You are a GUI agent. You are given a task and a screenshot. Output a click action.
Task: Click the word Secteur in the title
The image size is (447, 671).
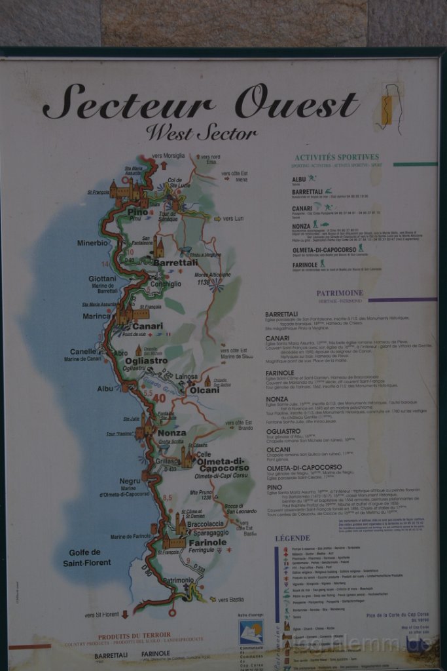point(130,104)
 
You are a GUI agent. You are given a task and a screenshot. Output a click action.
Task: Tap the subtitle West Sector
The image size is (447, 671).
point(201,132)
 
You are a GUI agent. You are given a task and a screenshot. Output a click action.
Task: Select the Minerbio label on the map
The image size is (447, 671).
point(92,242)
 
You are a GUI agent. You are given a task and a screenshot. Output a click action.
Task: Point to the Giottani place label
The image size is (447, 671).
point(103,278)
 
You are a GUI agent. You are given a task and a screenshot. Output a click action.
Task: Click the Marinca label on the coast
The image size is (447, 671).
point(97,316)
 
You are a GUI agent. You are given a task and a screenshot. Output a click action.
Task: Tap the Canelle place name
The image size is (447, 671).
point(84,351)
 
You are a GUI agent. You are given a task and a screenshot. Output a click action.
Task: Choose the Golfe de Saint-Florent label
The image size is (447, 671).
point(87,557)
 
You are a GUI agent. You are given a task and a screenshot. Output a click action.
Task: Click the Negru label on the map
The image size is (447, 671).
point(130,481)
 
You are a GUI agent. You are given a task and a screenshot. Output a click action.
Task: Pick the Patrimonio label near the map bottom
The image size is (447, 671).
point(178,581)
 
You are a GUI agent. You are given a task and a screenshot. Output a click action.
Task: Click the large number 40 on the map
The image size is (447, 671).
point(159,397)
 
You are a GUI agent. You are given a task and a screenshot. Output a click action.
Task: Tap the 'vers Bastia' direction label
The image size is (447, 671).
point(230,600)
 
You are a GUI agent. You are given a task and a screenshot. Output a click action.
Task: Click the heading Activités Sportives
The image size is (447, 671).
point(336,157)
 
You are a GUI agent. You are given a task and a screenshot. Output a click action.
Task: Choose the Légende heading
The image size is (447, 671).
point(293,538)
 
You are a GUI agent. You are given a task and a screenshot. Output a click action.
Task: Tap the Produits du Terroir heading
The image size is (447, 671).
point(134,635)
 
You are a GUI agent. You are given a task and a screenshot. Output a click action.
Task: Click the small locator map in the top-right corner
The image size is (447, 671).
point(391,108)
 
